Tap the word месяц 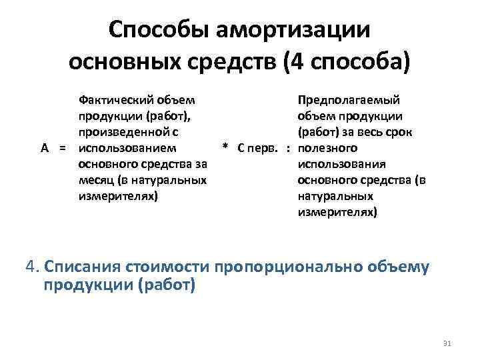pyautogui.click(x=97, y=179)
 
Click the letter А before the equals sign pyautogui.click(x=44, y=147)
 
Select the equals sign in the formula pyautogui.click(x=62, y=147)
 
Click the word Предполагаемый pyautogui.click(x=349, y=99)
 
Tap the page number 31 pyautogui.click(x=447, y=343)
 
